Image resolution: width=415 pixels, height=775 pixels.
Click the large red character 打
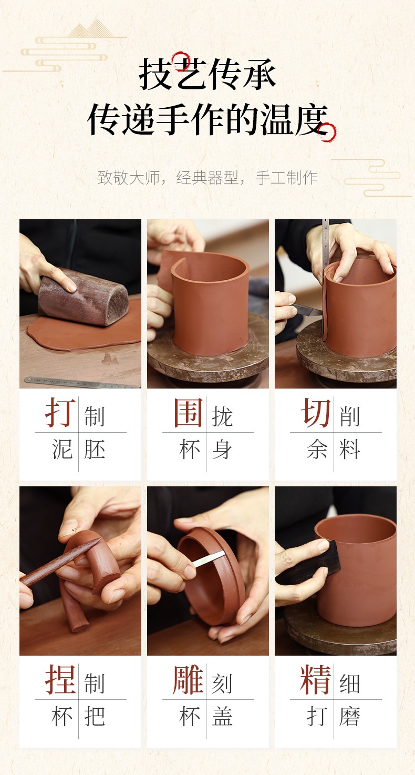(60, 412)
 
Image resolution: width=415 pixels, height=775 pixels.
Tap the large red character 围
(188, 412)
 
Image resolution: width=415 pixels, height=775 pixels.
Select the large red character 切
(316, 412)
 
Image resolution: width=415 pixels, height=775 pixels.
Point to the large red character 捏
(60, 679)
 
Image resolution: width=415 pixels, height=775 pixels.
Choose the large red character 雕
(188, 679)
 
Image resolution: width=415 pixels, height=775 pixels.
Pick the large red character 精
(316, 679)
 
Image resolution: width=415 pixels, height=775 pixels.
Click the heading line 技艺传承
(207, 74)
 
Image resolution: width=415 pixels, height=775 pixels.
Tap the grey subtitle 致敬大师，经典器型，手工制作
(207, 178)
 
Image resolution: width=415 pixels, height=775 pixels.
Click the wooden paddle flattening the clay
(83, 297)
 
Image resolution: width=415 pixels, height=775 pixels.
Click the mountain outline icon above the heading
(90, 28)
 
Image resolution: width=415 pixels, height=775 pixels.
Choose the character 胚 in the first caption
(95, 449)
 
